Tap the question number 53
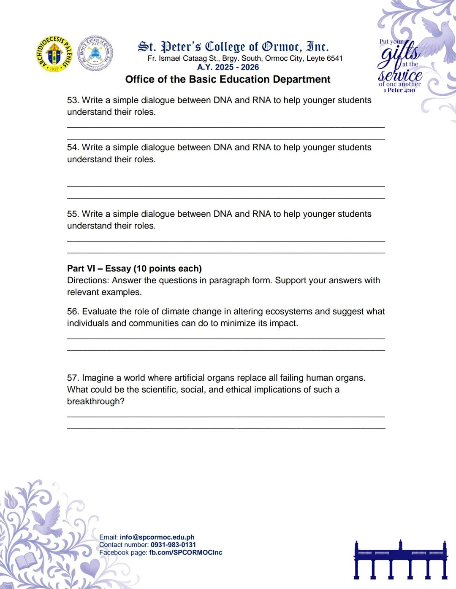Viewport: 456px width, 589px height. (x=73, y=100)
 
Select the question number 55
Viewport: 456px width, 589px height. (x=73, y=214)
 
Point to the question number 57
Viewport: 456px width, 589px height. (x=73, y=378)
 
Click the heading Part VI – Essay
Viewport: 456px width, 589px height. (x=134, y=269)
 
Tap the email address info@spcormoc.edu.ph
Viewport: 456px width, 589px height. (x=157, y=537)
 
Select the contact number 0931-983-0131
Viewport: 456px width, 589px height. (x=173, y=545)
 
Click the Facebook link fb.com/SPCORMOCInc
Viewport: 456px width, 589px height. (x=185, y=552)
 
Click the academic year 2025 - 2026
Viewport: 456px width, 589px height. (x=228, y=67)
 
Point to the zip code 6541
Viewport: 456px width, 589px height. (x=334, y=58)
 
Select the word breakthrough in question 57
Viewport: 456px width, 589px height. (x=95, y=401)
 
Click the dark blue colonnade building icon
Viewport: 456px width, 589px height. (x=400, y=559)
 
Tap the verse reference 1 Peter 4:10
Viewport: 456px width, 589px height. (x=399, y=90)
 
